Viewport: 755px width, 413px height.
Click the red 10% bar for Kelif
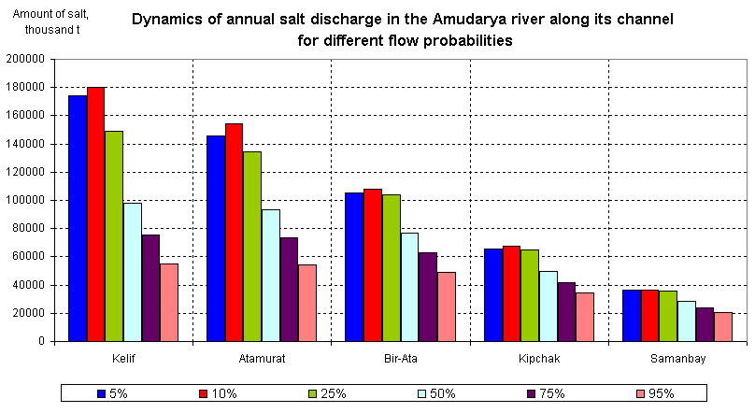95,214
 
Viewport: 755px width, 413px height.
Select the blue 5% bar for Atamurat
216,238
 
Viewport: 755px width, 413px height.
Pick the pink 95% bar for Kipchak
585,317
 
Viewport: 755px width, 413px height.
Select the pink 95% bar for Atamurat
307,303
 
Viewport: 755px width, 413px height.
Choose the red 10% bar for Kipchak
511,293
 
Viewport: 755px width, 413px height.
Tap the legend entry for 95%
653,393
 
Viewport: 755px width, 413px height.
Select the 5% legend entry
112,393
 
